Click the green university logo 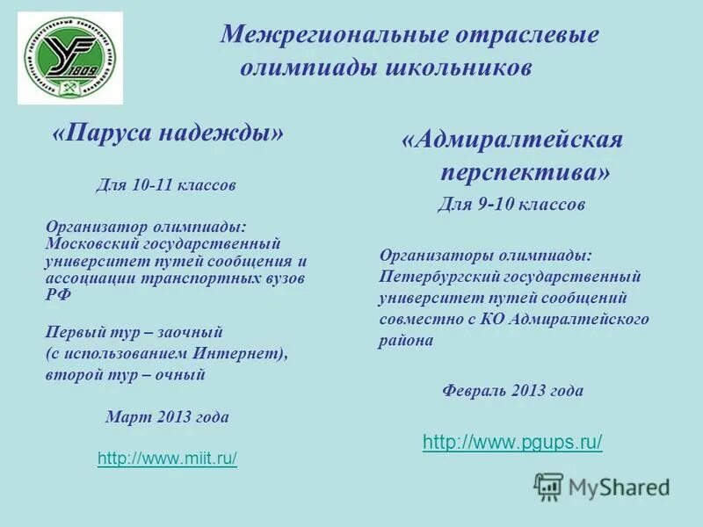click(73, 59)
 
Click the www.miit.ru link click(167, 458)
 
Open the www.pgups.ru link click(512, 443)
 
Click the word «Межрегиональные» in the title click(333, 35)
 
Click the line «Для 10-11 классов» click(165, 185)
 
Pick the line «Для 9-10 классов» click(511, 205)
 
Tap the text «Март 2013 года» click(167, 417)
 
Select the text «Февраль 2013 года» click(512, 391)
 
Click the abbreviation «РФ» click(57, 296)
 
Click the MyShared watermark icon click(549, 486)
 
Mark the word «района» click(406, 341)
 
